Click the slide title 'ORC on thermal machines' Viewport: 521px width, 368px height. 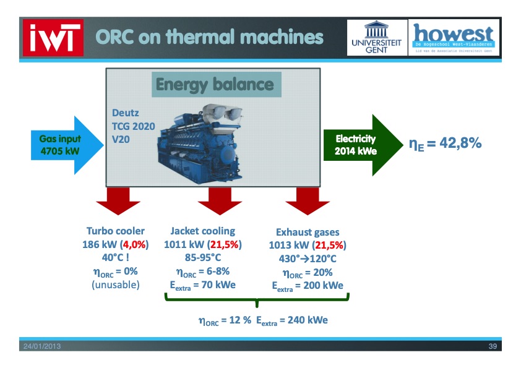tap(209, 38)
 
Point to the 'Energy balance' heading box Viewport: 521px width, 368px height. tap(214, 84)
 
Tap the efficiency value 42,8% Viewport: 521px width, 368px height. tap(445, 143)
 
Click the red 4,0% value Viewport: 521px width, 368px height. tap(134, 244)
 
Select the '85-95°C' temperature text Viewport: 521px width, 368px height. tap(202, 258)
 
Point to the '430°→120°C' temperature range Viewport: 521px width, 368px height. tap(308, 259)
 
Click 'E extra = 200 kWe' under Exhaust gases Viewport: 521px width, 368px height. tap(308, 286)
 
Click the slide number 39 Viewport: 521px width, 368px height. tap(493, 346)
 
